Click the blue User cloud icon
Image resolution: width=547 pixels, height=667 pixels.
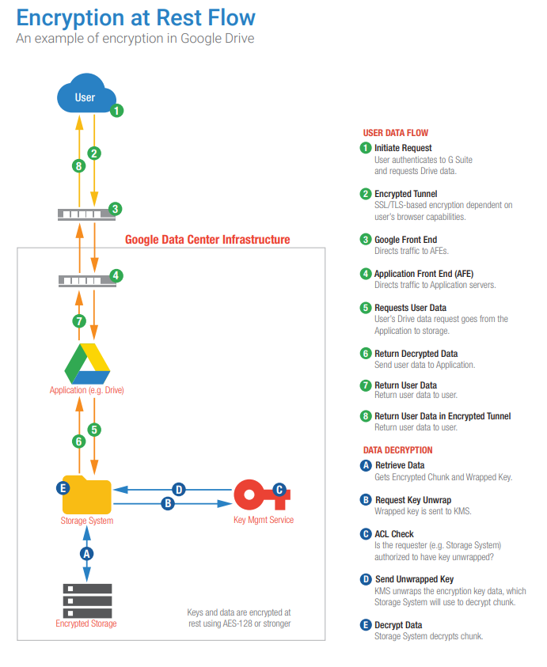pos(85,97)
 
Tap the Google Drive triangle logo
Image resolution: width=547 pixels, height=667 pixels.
pos(86,364)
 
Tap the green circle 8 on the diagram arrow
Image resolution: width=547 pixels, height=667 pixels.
pos(78,165)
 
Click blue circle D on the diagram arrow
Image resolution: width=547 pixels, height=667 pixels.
pos(179,490)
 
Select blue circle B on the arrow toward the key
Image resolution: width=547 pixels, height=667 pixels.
pos(167,502)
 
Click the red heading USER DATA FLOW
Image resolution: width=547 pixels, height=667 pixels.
pos(395,133)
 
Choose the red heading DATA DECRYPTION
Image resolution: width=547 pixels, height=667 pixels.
pos(397,450)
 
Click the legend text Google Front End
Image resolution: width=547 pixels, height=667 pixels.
pos(405,240)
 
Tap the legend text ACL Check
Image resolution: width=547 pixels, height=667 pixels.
pos(394,534)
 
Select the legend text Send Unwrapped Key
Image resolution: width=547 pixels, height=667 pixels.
pos(414,580)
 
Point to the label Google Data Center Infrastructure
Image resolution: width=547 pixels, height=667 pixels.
pos(207,239)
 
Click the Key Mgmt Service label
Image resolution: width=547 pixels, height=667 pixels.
pos(264,520)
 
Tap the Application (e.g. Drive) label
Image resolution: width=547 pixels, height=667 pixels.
pos(86,391)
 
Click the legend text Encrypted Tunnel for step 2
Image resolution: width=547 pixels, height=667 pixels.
pos(405,194)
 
